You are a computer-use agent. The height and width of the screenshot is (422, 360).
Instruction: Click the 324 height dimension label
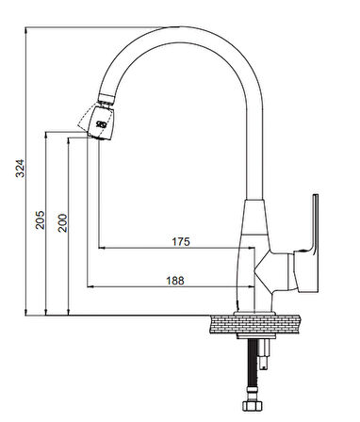click(20, 169)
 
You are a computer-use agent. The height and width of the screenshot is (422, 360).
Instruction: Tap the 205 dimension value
click(41, 219)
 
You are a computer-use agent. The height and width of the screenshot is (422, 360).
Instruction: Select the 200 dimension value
click(62, 223)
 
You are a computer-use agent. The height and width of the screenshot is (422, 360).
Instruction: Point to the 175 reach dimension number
click(181, 241)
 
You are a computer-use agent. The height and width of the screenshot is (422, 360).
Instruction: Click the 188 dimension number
click(175, 281)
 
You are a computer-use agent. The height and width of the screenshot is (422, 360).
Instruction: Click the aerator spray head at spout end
click(101, 122)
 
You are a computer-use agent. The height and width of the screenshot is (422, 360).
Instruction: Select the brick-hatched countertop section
click(255, 324)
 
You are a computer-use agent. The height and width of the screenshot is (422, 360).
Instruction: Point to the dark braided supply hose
click(252, 364)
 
